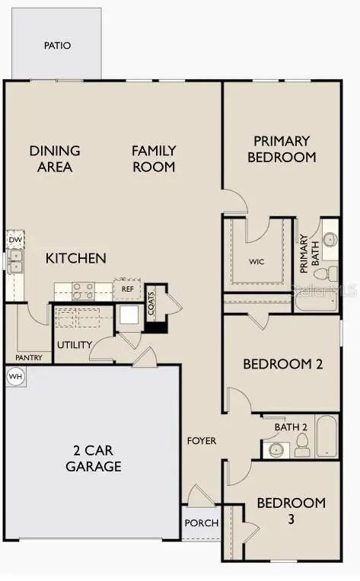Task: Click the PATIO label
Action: tap(57, 46)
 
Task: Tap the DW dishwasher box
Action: tap(15, 241)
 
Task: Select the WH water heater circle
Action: tap(15, 376)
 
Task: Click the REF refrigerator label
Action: tap(127, 289)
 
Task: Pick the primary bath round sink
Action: tap(330, 240)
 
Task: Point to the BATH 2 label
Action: tap(291, 426)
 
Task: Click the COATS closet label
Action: tap(151, 304)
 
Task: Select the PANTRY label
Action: tap(28, 357)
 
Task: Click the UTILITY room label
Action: tap(75, 345)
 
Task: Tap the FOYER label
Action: tap(202, 441)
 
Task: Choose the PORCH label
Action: tap(202, 523)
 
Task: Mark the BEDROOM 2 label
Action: tap(282, 364)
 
